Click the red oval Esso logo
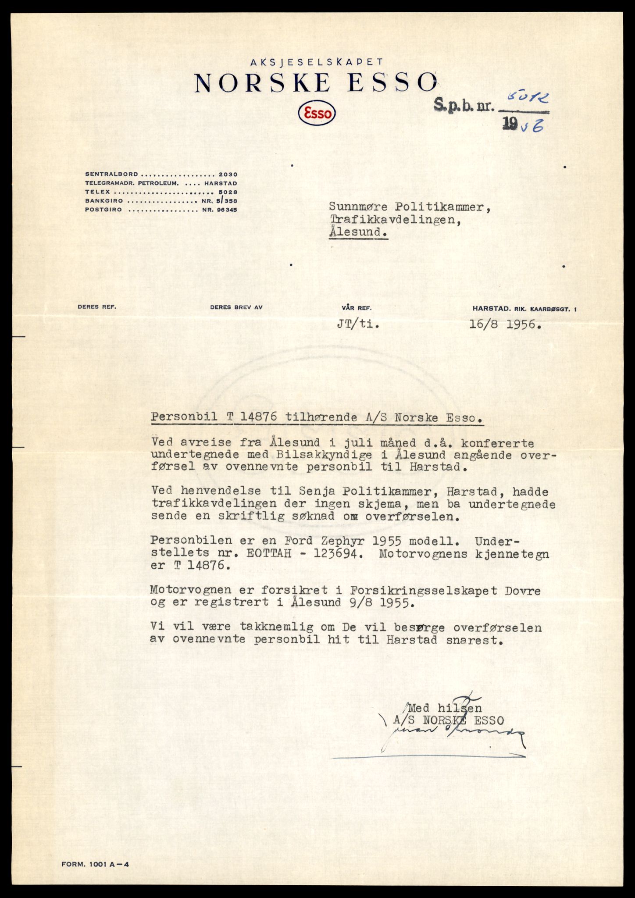pyautogui.click(x=317, y=114)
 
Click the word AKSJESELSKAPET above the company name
pyautogui.click(x=317, y=63)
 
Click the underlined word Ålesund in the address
pyautogui.click(x=359, y=232)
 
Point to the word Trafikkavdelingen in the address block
pyautogui.click(x=395, y=220)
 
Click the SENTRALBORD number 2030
pyautogui.click(x=228, y=175)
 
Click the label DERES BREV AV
pyautogui.click(x=236, y=307)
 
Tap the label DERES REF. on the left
pyautogui.click(x=97, y=307)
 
